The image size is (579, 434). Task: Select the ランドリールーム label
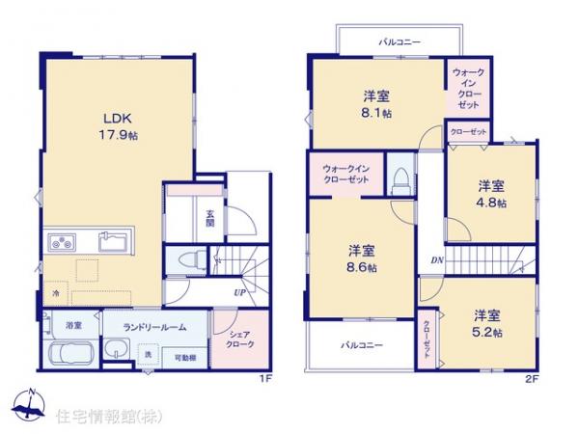pyautogui.click(x=153, y=326)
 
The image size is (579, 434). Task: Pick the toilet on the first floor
pyautogui.click(x=192, y=258)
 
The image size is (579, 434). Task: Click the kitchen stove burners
pyautogui.click(x=56, y=241)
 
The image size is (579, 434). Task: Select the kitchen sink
pyautogui.click(x=115, y=242)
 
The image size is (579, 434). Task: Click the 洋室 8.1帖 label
pyautogui.click(x=376, y=103)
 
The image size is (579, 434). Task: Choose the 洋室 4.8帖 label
pyautogui.click(x=490, y=195)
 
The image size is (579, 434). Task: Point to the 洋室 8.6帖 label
pyautogui.click(x=363, y=258)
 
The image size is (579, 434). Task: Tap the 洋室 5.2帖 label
pyautogui.click(x=486, y=322)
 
